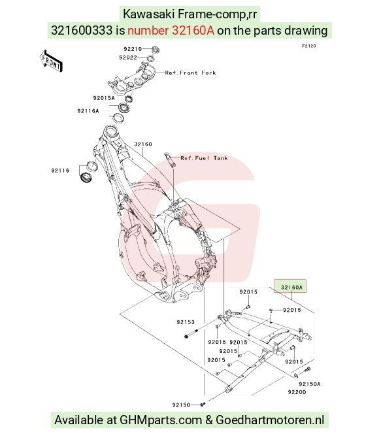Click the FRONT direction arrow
pyautogui.click(x=51, y=61)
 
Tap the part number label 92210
pyautogui.click(x=133, y=49)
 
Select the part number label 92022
pyautogui.click(x=128, y=58)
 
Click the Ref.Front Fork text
pyautogui.click(x=190, y=73)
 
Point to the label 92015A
pyautogui.click(x=104, y=98)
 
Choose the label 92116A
pyautogui.click(x=88, y=111)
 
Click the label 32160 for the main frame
pyautogui.click(x=143, y=144)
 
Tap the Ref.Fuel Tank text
pyautogui.click(x=204, y=158)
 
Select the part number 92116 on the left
pyautogui.click(x=60, y=171)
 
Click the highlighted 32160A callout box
pyautogui.click(x=290, y=286)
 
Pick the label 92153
pyautogui.click(x=186, y=322)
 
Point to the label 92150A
pyautogui.click(x=310, y=384)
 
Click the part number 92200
pyautogui.click(x=297, y=392)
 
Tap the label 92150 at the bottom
pyautogui.click(x=181, y=405)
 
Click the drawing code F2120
pyautogui.click(x=308, y=46)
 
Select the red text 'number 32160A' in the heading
pyautogui.click(x=171, y=31)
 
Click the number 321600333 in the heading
pyautogui.click(x=82, y=31)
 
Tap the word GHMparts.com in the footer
pyautogui.click(x=161, y=420)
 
